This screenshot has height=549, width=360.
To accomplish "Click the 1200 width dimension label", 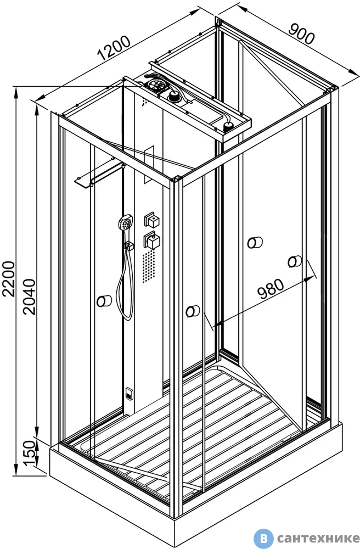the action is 114,48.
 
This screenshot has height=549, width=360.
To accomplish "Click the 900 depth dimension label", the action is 302,34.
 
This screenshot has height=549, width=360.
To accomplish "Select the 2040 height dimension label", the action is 30,296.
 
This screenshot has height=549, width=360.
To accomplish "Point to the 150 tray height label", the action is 30,453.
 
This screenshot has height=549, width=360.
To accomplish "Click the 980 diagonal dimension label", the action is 271,289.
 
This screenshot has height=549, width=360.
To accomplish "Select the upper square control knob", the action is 152,220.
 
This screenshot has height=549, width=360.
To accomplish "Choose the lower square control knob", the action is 152,240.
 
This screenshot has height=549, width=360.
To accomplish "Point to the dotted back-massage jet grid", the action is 148,266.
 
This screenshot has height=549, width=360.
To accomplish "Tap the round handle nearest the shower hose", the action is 104,301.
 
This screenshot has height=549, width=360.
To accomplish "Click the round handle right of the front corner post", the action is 193,311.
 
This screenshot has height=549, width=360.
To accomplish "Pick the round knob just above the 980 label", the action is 295,261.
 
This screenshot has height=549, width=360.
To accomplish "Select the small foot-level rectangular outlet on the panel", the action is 129,393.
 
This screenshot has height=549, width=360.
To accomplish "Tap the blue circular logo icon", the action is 263,538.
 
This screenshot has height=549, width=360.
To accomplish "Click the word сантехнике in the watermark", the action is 318,538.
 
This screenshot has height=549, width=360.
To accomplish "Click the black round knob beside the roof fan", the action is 174,97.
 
